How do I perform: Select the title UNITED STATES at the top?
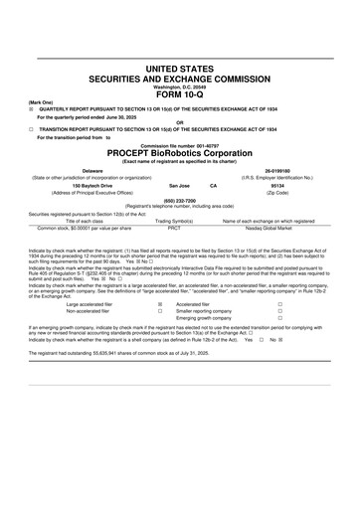(x=180, y=68)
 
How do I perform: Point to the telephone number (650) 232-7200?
(x=180, y=199)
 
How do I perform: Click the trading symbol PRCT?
(x=174, y=227)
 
